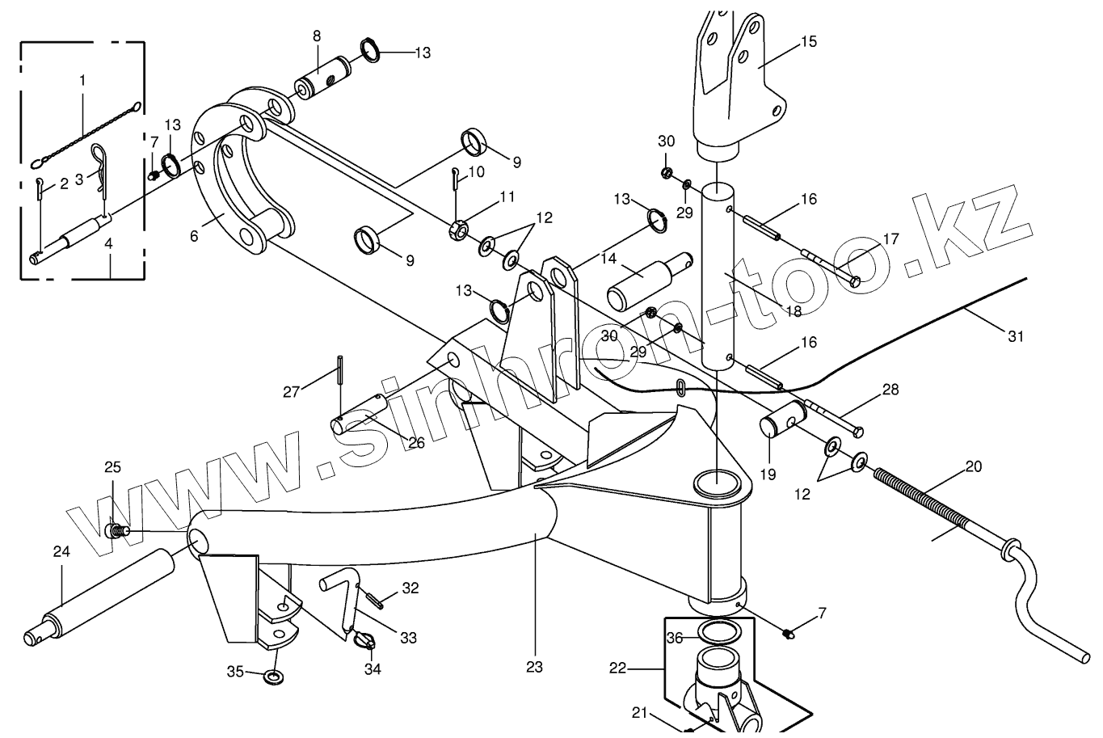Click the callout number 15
tap(808, 41)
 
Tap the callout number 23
tap(533, 667)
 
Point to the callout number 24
tap(61, 552)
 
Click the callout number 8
tap(316, 36)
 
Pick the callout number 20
tap(973, 466)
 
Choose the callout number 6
tap(194, 236)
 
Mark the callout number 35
tap(235, 671)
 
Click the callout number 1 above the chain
tap(82, 80)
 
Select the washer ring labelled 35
tap(274, 676)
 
